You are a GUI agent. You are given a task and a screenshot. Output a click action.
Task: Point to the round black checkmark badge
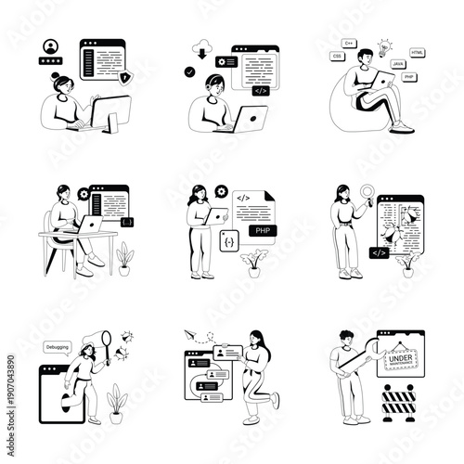(x=190, y=71)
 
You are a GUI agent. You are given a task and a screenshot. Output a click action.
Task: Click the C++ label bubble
(x=350, y=43)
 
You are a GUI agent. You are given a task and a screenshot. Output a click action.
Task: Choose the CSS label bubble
(x=337, y=57)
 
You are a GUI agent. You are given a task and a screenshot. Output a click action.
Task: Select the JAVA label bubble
(x=398, y=63)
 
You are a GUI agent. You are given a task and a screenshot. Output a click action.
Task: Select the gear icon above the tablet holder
(x=221, y=191)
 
